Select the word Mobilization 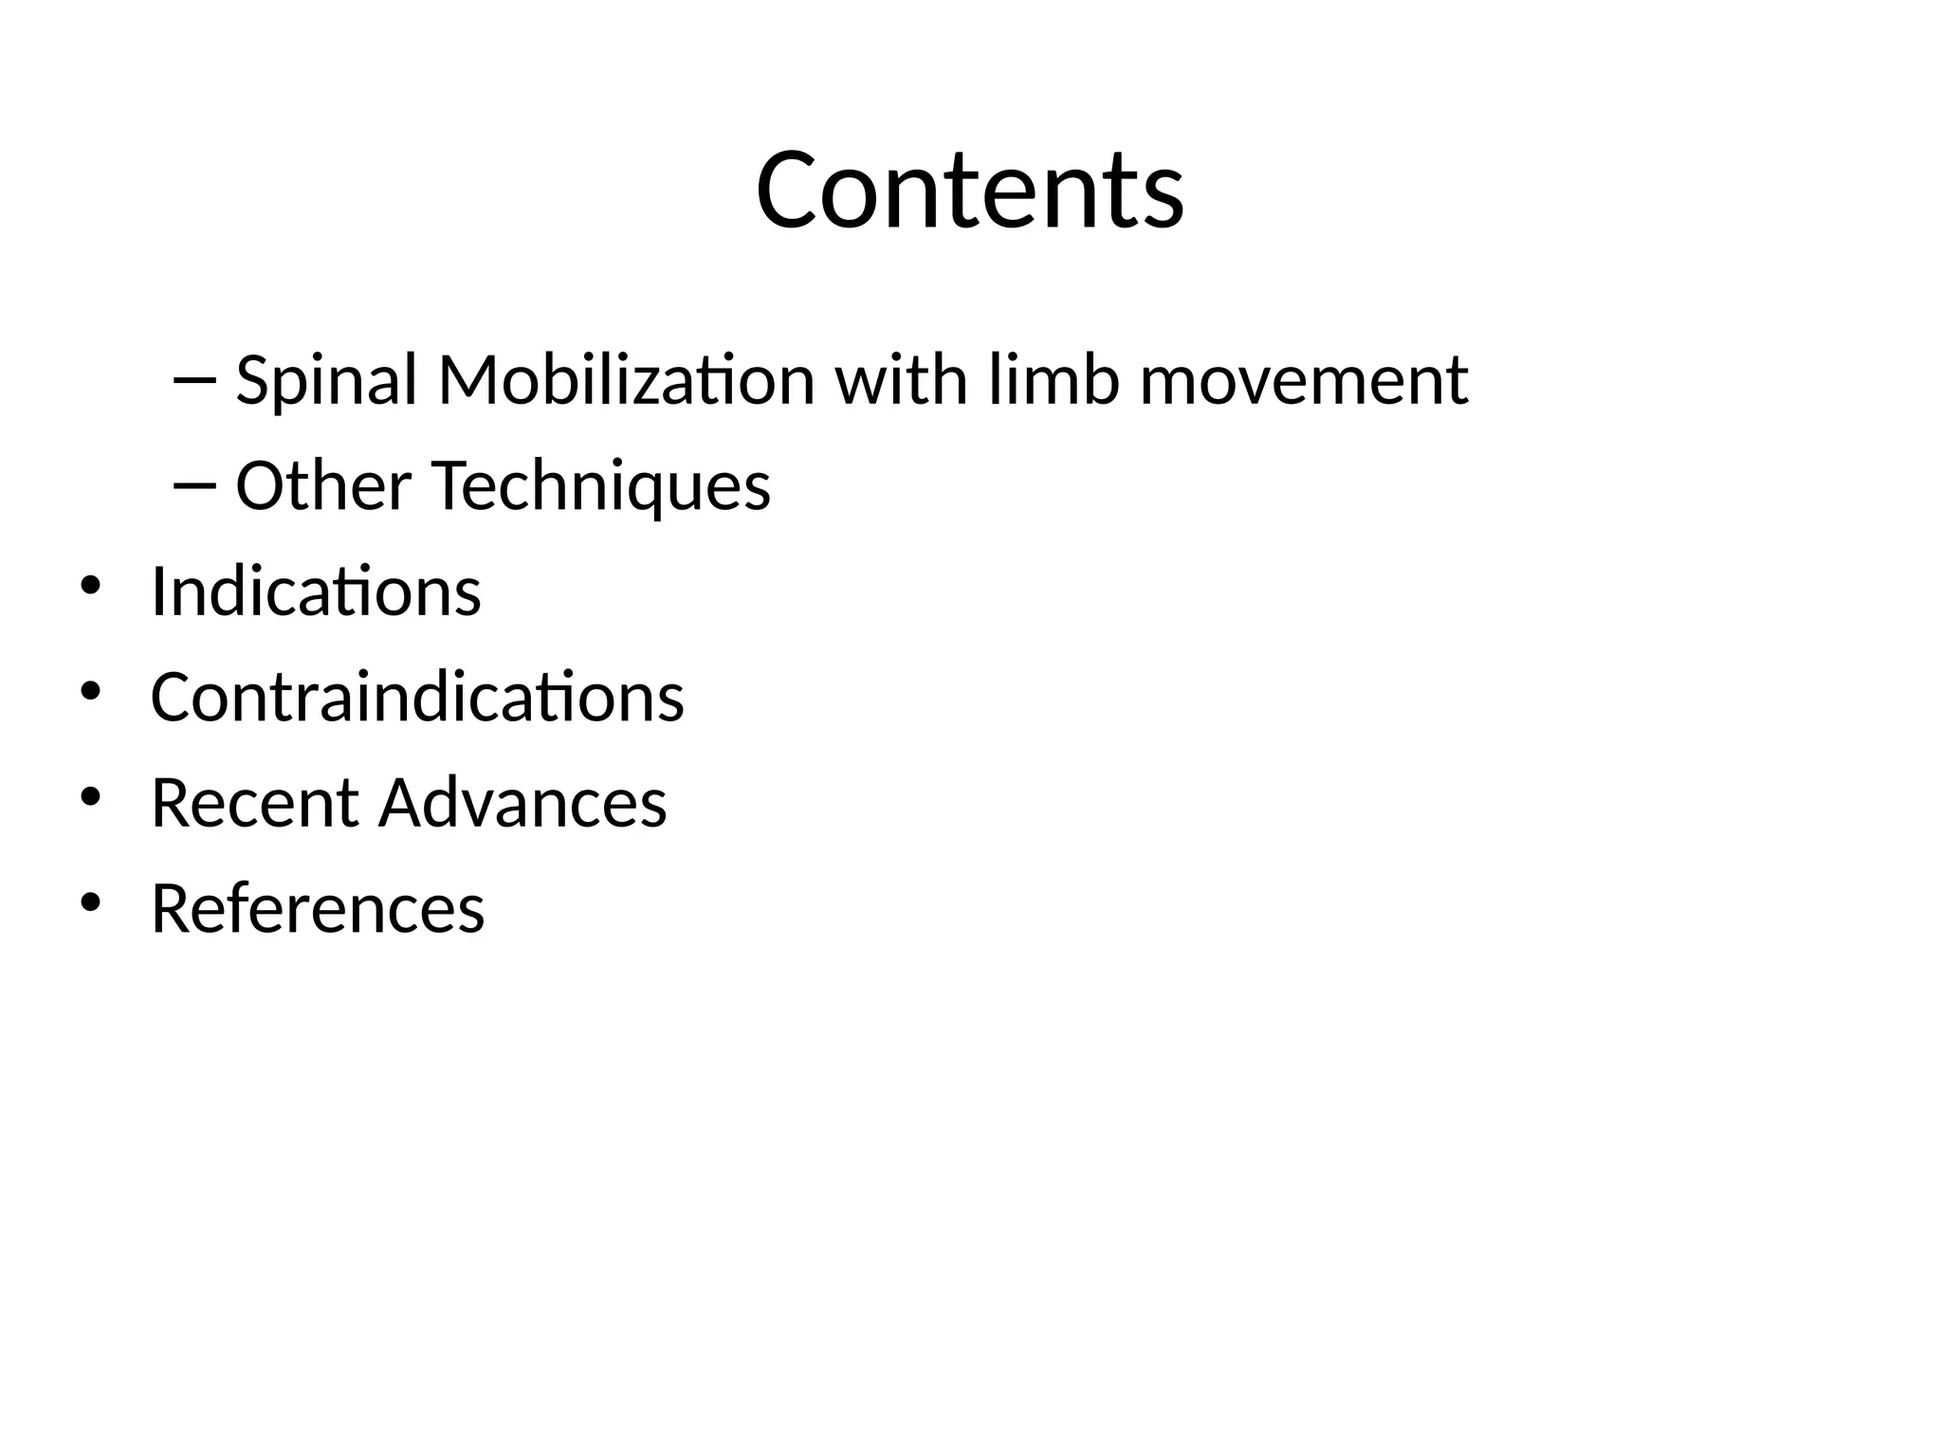[626, 380]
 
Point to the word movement [1304, 380]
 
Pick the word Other [322, 486]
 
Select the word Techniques [601, 486]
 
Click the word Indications [316, 591]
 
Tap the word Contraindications [417, 698]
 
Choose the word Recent [254, 803]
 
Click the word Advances [522, 803]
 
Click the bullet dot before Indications [90, 586]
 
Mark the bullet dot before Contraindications [90, 692]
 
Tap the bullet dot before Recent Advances [90, 797]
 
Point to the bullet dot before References [90, 903]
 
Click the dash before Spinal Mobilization [195, 380]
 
